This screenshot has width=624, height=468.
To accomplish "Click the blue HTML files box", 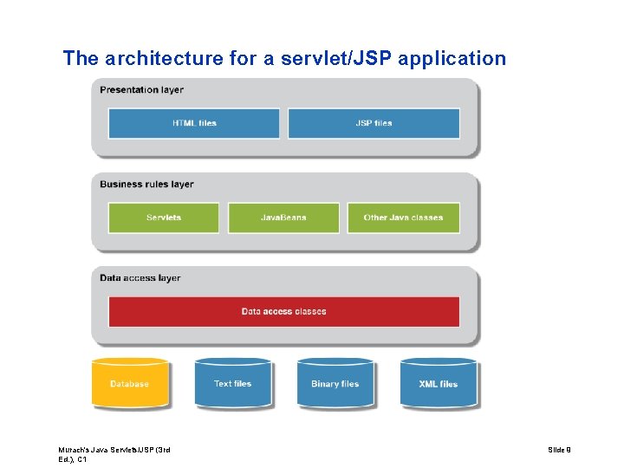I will pos(193,123).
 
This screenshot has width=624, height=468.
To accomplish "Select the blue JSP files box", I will pos(374,123).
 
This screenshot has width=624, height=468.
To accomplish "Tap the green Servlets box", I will pos(164,218).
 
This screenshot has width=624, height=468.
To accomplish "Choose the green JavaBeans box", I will pos(283,218).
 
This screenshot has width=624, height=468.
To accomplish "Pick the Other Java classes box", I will pos(403,218).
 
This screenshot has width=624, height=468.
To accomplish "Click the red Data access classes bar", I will pos(283,311).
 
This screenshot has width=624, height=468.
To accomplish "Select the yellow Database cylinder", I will pos(130,384).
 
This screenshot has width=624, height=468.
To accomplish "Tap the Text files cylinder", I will pos(232,384).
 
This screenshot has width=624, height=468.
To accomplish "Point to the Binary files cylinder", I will pos(335,384).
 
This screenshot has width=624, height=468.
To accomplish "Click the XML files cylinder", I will pos(438,384).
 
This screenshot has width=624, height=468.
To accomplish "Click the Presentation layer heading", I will pos(141,89).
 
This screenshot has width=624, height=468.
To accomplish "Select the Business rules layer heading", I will pos(146,184).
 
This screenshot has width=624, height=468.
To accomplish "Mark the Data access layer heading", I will pos(140,278).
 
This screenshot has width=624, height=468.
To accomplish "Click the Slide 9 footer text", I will pos(560,450).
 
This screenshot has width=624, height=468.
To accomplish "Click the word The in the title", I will pos(81,59).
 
